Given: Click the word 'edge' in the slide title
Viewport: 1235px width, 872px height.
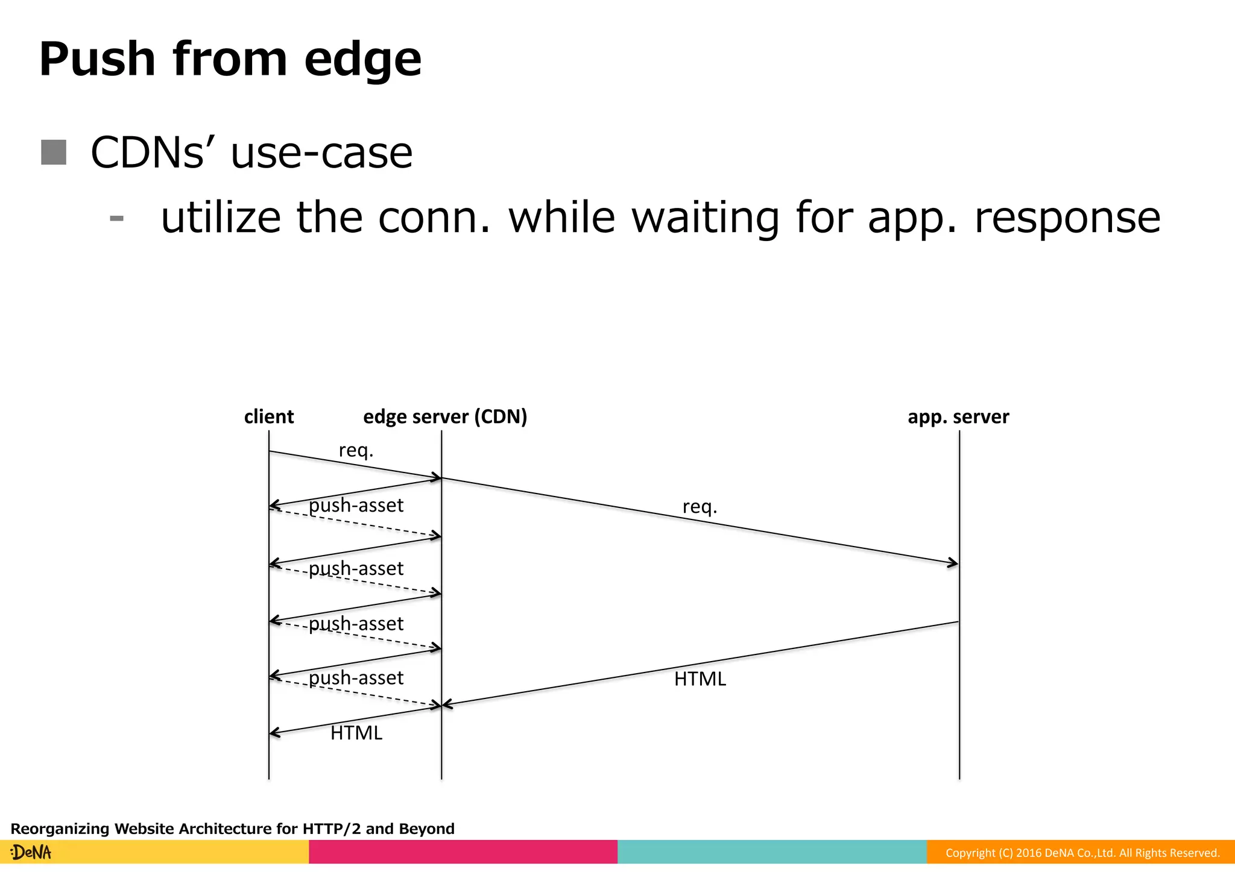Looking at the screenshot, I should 362,60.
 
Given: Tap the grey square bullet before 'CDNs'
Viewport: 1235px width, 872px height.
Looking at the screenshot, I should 54,152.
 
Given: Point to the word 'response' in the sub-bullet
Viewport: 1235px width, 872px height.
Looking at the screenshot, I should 1067,218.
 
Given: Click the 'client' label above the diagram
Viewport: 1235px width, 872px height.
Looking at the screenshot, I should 268,416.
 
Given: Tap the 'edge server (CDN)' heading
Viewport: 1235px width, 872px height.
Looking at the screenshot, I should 445,416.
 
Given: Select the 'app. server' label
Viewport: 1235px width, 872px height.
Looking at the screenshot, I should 958,416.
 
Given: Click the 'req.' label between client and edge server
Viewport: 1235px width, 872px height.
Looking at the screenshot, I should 356,450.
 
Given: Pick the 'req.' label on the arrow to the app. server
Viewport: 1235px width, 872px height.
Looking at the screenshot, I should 700,506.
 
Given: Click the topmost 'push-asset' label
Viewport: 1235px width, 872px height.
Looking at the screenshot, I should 356,505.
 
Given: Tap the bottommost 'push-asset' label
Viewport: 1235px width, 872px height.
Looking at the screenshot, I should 356,678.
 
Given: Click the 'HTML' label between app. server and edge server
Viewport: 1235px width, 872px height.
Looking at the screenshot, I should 700,679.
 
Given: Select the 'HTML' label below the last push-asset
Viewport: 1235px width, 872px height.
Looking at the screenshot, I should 356,733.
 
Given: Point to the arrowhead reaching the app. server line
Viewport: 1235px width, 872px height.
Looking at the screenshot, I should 954,563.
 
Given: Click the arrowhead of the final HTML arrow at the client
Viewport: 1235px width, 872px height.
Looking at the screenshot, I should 273,733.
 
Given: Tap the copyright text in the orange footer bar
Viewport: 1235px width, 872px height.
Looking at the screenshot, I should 1082,853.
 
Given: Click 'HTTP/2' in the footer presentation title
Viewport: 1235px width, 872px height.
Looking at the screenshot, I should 331,829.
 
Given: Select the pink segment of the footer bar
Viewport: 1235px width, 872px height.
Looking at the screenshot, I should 463,852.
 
